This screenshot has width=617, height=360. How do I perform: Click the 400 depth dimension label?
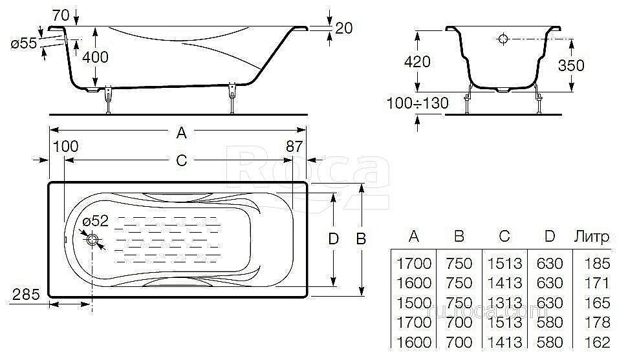point(95,58)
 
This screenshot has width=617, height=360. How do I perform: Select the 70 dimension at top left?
point(60,16)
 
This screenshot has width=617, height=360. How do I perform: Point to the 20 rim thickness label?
point(343,28)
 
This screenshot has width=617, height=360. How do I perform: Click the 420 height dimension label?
point(417,62)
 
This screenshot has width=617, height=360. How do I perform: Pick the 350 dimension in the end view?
point(571,65)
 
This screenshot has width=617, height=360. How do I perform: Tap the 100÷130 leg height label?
point(418,103)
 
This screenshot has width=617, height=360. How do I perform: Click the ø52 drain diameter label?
point(95,221)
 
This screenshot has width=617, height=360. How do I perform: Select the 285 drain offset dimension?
point(26,294)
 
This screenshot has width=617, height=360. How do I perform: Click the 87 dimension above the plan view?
point(294,146)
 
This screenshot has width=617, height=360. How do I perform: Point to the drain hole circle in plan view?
point(93,240)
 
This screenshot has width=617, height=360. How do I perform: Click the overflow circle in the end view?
point(503,39)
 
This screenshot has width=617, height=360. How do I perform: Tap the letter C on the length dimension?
point(181,160)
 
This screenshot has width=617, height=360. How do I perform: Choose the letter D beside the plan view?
point(333,238)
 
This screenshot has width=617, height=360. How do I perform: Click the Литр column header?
point(592,237)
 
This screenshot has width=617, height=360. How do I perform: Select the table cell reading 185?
point(598,263)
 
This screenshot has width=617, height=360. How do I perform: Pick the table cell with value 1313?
point(504,303)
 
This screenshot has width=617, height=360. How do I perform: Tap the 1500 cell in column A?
point(414,303)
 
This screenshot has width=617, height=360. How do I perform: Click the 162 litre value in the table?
point(598,343)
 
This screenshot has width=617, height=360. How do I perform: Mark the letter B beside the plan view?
point(361,238)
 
